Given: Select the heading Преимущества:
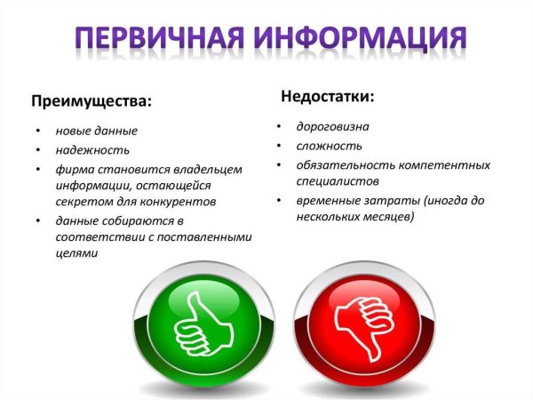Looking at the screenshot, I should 92,100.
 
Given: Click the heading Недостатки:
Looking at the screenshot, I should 326,94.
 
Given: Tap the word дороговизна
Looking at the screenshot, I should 333,127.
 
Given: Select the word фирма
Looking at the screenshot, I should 76,168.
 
